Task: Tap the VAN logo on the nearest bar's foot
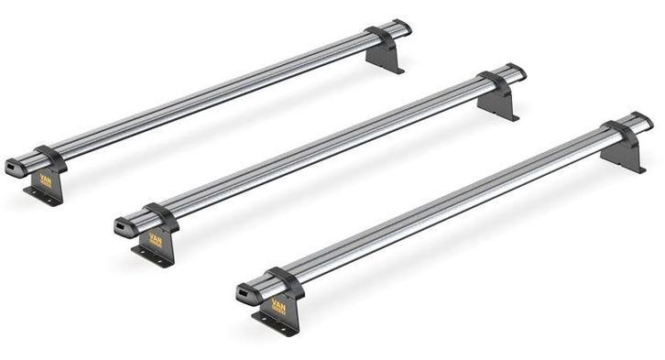click(x=278, y=306)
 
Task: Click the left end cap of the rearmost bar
click(x=14, y=169)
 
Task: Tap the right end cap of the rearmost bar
click(x=402, y=27)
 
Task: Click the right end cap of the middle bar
click(x=517, y=71)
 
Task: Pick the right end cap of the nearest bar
click(x=643, y=120)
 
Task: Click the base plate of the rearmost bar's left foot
click(x=40, y=197)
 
